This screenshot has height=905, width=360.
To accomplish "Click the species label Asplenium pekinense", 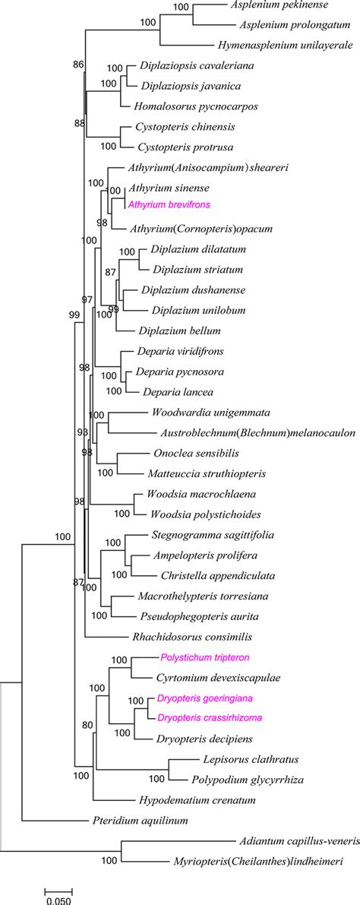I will [x=276, y=5].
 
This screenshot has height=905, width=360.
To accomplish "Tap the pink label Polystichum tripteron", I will [x=204, y=657].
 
